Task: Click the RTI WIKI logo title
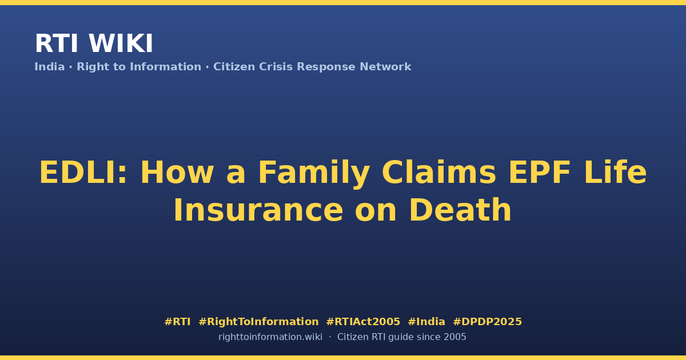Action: tap(94, 43)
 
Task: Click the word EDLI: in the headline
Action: tap(83, 173)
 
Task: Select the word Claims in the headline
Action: tap(439, 172)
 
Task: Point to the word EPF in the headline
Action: tap(540, 173)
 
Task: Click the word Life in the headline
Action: tap(616, 172)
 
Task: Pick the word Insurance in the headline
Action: tap(258, 210)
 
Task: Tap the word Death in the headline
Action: tap(460, 210)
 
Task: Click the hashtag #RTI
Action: tap(177, 322)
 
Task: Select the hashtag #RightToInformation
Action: tap(258, 322)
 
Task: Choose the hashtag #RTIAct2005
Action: tap(363, 322)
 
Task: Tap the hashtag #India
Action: tap(426, 322)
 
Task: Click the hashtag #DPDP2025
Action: tap(487, 322)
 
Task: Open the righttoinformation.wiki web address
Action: tap(270, 337)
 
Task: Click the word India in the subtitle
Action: tap(50, 67)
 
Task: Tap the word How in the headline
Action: tap(177, 173)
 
